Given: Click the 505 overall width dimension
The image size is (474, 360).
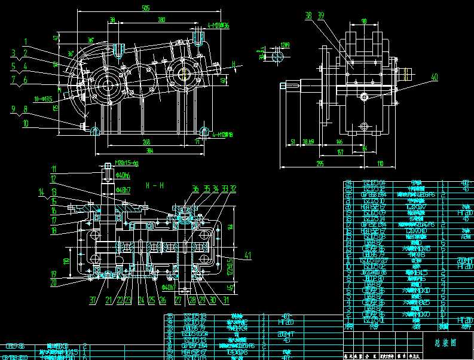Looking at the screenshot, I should tap(145, 8).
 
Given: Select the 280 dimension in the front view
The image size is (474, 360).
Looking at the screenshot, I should tap(161, 20).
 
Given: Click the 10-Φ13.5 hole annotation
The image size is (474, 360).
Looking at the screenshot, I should tap(44, 99).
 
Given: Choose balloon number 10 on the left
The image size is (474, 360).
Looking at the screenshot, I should tap(26, 123).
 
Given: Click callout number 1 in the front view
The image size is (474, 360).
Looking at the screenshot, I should tap(26, 41).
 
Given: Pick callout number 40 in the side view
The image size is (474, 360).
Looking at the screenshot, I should tap(434, 77).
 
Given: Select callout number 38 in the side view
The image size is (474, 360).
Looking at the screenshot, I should tap(308, 15).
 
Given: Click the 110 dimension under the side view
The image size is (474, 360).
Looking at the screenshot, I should tap(380, 163).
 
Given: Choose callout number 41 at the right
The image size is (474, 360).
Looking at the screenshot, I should tap(247, 255).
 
